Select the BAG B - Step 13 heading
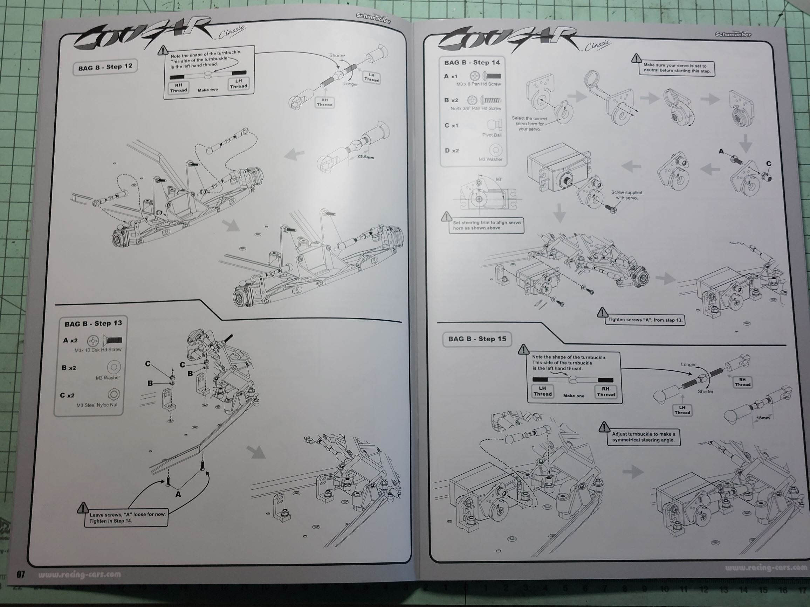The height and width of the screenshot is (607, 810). [93, 323]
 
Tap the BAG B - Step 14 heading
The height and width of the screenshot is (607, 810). [472, 63]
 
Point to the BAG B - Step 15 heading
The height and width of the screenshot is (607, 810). [477, 339]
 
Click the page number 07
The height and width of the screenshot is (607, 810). [21, 574]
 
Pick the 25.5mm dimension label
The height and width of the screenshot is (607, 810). [365, 157]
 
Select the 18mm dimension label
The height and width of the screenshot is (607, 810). [763, 418]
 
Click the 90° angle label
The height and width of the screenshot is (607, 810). [499, 180]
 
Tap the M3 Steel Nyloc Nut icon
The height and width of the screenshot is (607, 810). [114, 394]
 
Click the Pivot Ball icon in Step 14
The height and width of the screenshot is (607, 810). [494, 125]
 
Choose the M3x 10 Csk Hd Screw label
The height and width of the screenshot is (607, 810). [98, 350]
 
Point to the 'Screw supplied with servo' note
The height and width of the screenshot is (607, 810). [626, 195]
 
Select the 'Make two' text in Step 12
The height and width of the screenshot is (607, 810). [208, 90]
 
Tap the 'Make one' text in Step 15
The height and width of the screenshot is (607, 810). [574, 396]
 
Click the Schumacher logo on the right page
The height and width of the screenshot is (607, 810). [733, 34]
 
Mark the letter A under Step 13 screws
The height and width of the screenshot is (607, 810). [178, 494]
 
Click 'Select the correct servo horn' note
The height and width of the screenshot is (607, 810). [529, 124]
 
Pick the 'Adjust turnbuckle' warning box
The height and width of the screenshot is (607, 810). [643, 437]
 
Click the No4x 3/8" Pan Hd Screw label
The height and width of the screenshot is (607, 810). [476, 108]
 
